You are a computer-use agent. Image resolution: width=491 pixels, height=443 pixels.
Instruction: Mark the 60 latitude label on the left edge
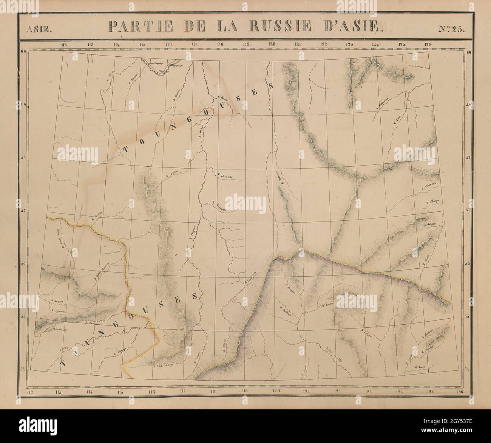23,52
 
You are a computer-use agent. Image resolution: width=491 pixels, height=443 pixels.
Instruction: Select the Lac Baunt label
60,329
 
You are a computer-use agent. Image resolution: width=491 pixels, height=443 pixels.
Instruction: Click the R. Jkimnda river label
224,175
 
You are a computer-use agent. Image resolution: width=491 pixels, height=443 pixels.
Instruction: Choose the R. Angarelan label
59,311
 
